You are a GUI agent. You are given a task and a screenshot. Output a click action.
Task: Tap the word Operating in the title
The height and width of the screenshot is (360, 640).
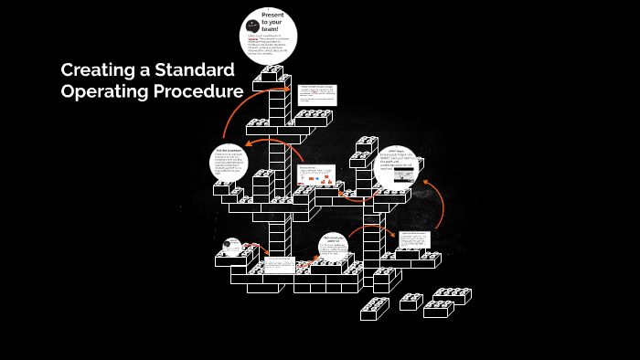pos(103,92)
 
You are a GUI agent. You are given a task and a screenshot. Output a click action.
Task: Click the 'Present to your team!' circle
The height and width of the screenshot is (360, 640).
pos(269,35)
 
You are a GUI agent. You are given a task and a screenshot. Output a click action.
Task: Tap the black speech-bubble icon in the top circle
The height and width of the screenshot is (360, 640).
pos(252,25)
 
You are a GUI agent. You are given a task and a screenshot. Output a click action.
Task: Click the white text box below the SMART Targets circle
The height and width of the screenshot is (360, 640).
pos(414,239)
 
